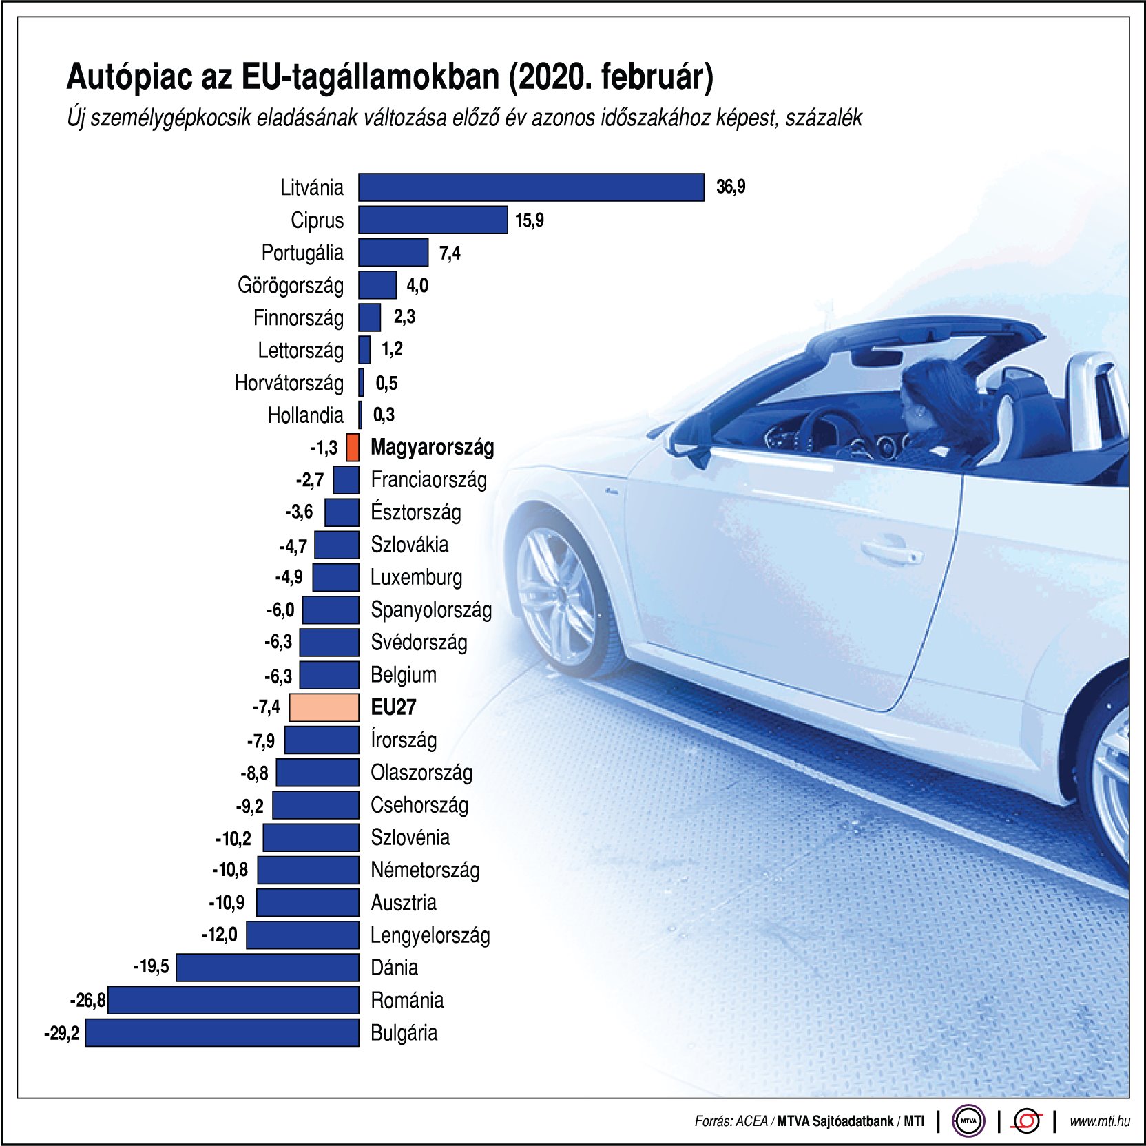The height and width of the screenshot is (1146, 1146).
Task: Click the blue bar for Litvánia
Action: pyautogui.click(x=531, y=187)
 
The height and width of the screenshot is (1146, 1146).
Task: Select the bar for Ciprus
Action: pyautogui.click(x=433, y=220)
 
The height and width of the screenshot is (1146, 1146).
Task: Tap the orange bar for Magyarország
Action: pyautogui.click(x=353, y=447)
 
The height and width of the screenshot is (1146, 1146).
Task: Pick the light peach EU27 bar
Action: pyautogui.click(x=324, y=707)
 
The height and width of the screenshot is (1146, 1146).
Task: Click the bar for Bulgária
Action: pyautogui.click(x=222, y=1032)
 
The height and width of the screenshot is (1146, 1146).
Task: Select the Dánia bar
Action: pyautogui.click(x=267, y=968)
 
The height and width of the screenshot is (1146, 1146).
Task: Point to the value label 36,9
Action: pyautogui.click(x=731, y=187)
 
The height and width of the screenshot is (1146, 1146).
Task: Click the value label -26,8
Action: pyautogui.click(x=88, y=1000)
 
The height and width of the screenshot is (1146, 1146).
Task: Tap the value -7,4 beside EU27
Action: pyautogui.click(x=267, y=707)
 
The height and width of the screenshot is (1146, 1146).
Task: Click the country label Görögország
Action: pyautogui.click(x=290, y=285)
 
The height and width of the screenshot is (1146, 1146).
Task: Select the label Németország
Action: pyautogui.click(x=425, y=870)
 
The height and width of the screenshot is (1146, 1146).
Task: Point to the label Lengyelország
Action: pyautogui.click(x=430, y=935)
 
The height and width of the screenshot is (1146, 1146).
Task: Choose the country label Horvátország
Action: pyautogui.click(x=289, y=383)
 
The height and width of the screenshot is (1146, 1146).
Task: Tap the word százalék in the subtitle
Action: pyautogui.click(x=824, y=118)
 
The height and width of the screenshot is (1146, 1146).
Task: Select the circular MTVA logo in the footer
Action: pyautogui.click(x=968, y=1121)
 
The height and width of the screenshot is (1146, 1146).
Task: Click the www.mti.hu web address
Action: pyautogui.click(x=1099, y=1121)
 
